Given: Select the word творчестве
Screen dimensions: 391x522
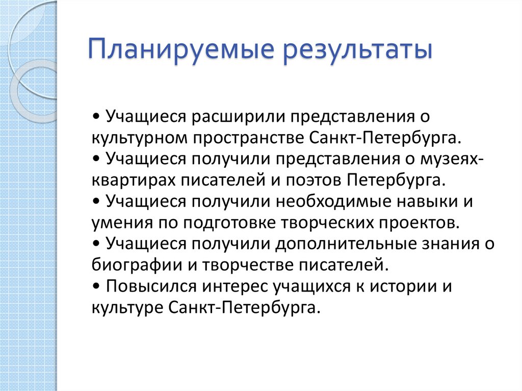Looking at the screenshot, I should click(251, 266).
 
